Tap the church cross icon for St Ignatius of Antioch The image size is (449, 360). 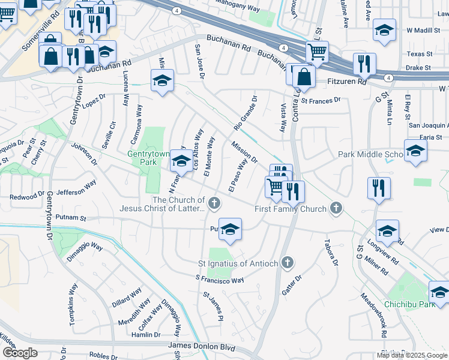tap(288, 263)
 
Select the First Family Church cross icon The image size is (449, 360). tap(336, 208)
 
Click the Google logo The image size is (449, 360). tap(19, 353)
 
